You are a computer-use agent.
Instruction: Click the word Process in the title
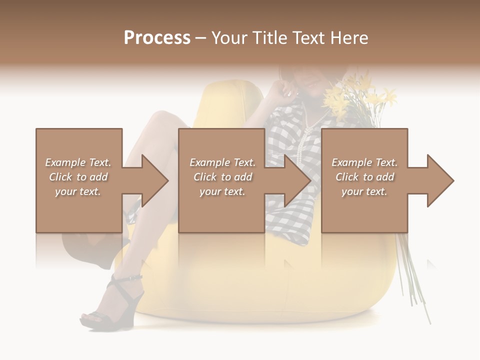pos(157,38)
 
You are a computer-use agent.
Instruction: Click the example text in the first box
pos(78,177)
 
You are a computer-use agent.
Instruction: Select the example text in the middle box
pos(222,177)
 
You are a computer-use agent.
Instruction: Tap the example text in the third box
pos(364,177)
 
